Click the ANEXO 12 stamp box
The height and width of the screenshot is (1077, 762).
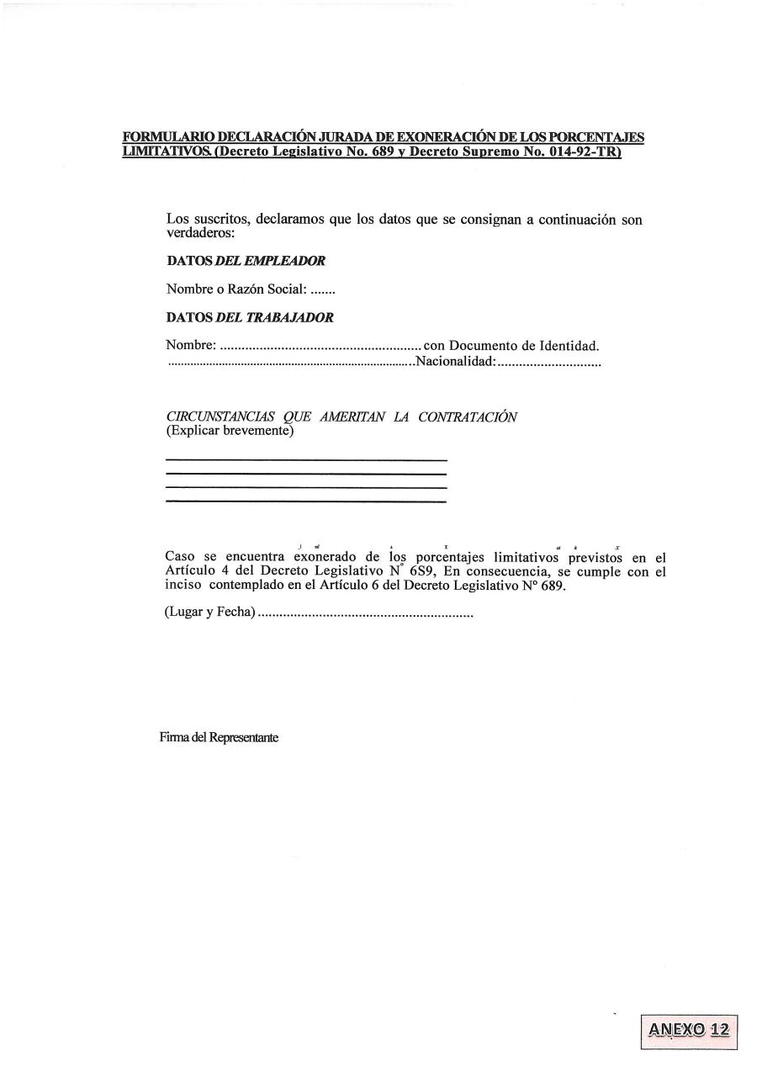pos(689,1031)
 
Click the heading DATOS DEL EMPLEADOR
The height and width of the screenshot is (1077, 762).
pos(246,261)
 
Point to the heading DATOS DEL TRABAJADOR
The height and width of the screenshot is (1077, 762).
pos(250,318)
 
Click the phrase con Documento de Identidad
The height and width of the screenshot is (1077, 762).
pos(511,346)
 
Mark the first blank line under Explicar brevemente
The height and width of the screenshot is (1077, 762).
pos(306,460)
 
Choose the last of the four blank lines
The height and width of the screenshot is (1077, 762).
pos(306,501)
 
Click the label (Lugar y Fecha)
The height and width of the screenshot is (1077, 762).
pos(209,613)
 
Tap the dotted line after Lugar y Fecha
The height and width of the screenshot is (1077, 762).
pos(365,614)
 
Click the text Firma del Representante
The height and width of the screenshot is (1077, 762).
pos(219,738)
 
